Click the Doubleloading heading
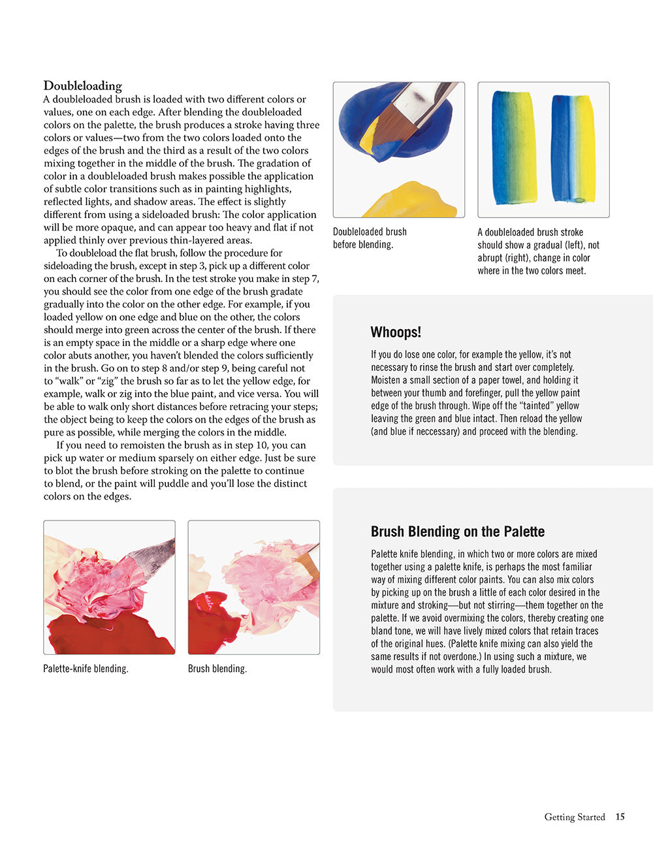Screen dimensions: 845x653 (x=82, y=86)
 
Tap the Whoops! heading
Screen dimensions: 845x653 (x=395, y=332)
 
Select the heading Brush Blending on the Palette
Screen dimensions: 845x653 (x=457, y=532)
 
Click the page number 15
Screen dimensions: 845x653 (x=620, y=817)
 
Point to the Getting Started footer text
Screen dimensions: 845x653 (x=575, y=817)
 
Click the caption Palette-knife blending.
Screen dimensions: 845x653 (x=86, y=669)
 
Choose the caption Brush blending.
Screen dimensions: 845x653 (x=217, y=669)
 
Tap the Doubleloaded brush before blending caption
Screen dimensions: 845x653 (x=370, y=238)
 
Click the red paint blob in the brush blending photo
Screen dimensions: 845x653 (x=208, y=624)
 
